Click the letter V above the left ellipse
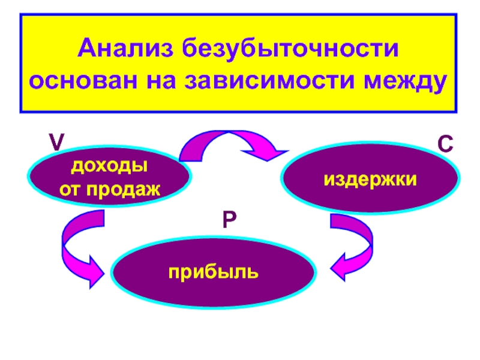[x=56, y=142]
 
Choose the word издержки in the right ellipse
[x=370, y=178]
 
